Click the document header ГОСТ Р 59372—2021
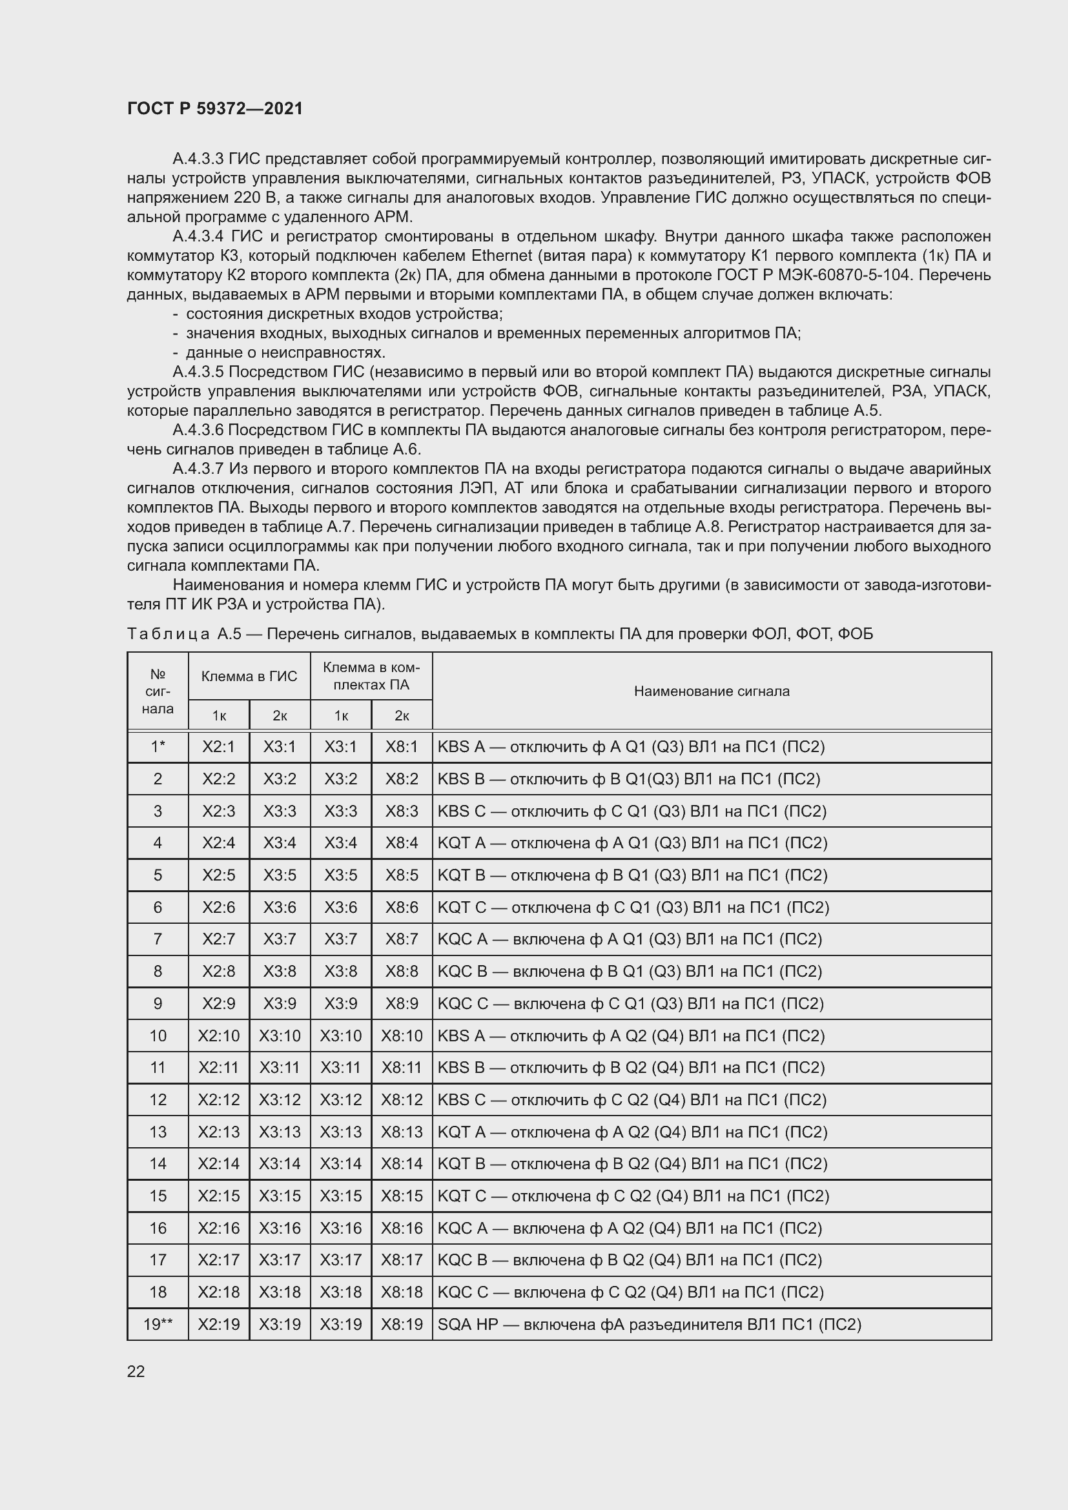(x=215, y=108)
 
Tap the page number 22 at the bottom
(x=136, y=1371)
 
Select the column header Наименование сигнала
(x=712, y=691)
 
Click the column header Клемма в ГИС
(x=249, y=676)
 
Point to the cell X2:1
(x=219, y=746)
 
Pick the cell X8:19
(x=402, y=1324)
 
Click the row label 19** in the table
(x=158, y=1324)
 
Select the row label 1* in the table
(x=158, y=746)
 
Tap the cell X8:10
(x=402, y=1036)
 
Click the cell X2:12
(x=219, y=1099)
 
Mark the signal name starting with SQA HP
(x=648, y=1324)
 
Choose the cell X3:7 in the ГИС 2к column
(x=280, y=939)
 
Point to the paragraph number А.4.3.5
(x=198, y=372)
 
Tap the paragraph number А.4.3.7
(x=198, y=469)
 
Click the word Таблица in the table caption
(x=168, y=634)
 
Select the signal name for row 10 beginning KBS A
(x=631, y=1036)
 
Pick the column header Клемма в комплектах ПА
(x=371, y=676)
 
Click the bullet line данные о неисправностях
(x=285, y=352)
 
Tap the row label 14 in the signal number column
(x=158, y=1163)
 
